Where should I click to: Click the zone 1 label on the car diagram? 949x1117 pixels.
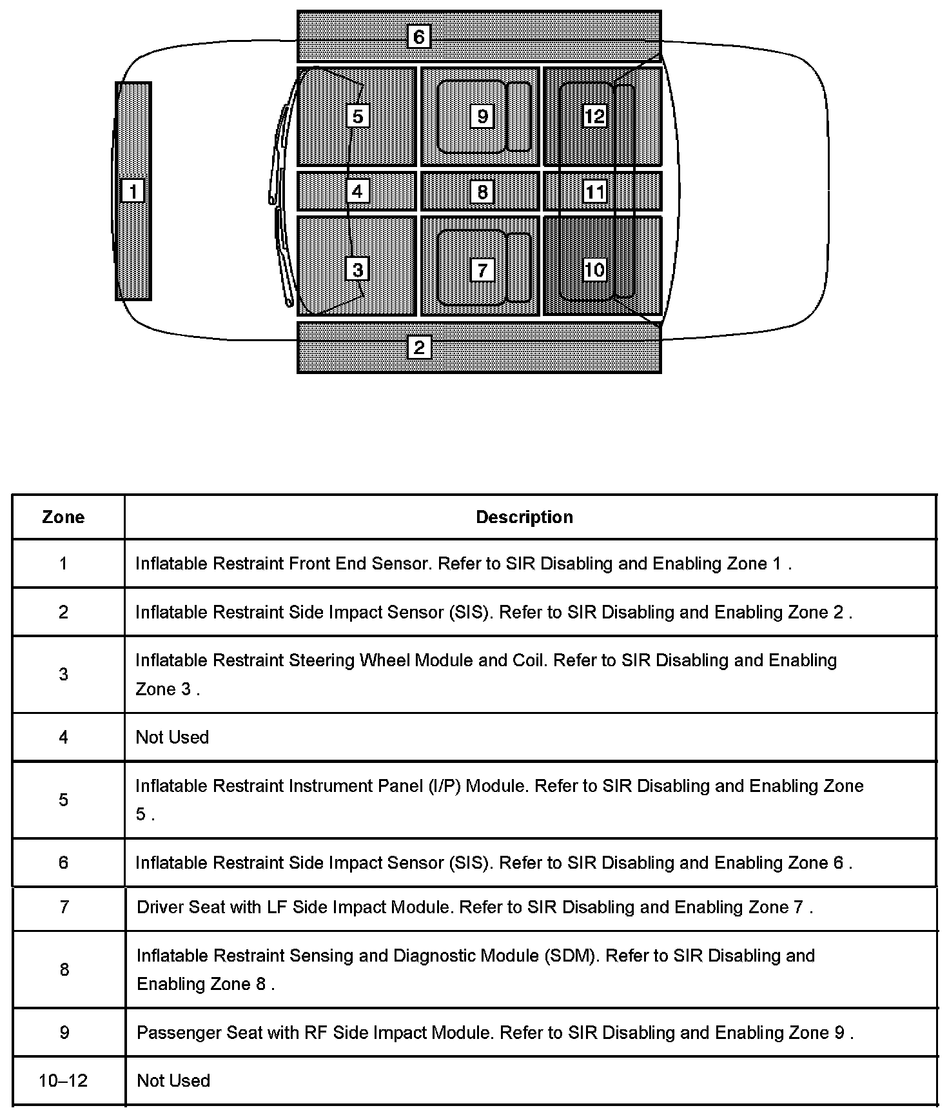133,191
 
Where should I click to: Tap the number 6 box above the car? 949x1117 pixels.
419,37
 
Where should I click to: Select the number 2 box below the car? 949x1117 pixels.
419,348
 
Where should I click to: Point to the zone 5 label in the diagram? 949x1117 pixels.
358,116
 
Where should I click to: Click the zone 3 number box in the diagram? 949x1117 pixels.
358,269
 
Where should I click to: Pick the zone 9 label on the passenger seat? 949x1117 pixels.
482,116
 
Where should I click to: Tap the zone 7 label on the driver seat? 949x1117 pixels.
482,270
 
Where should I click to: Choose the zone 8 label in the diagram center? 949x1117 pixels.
482,192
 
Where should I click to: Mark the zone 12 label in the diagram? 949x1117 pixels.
594,116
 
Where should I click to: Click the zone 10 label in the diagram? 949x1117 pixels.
594,270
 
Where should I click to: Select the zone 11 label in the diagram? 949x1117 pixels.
594,192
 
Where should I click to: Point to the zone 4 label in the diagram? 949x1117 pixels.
358,191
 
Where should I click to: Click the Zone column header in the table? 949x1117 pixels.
63,517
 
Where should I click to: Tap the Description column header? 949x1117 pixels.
524,517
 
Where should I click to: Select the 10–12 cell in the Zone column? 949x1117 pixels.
63,1081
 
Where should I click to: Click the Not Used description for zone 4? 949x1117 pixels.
172,737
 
